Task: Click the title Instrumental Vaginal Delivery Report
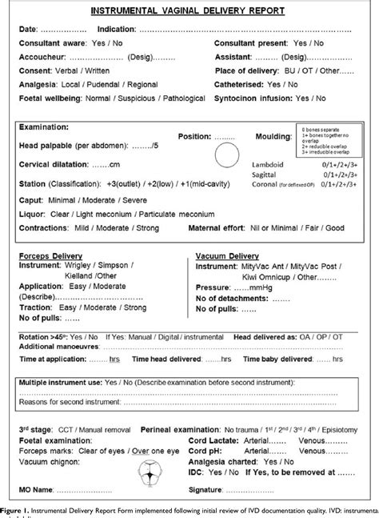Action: [x=188, y=12]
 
